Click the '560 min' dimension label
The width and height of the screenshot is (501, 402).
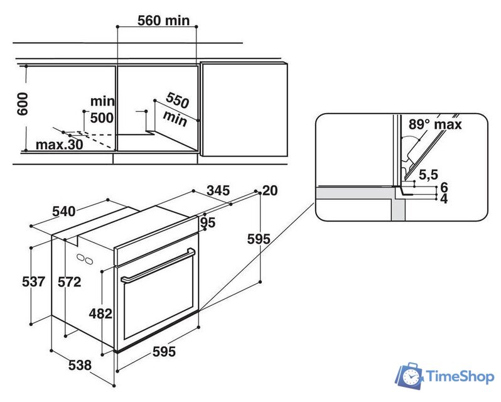pyautogui.click(x=163, y=21)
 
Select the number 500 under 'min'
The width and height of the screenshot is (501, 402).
pyautogui.click(x=102, y=117)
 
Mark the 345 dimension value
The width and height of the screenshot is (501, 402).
pyautogui.click(x=217, y=190)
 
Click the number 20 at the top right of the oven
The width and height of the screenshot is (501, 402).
pyautogui.click(x=270, y=191)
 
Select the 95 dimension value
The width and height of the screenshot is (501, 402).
pyautogui.click(x=208, y=222)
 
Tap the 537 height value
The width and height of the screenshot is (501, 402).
pyautogui.click(x=33, y=281)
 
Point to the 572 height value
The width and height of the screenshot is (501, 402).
pyautogui.click(x=69, y=282)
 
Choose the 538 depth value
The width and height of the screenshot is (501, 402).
pyautogui.click(x=80, y=364)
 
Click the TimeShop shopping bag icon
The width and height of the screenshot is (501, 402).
pyautogui.click(x=409, y=376)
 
